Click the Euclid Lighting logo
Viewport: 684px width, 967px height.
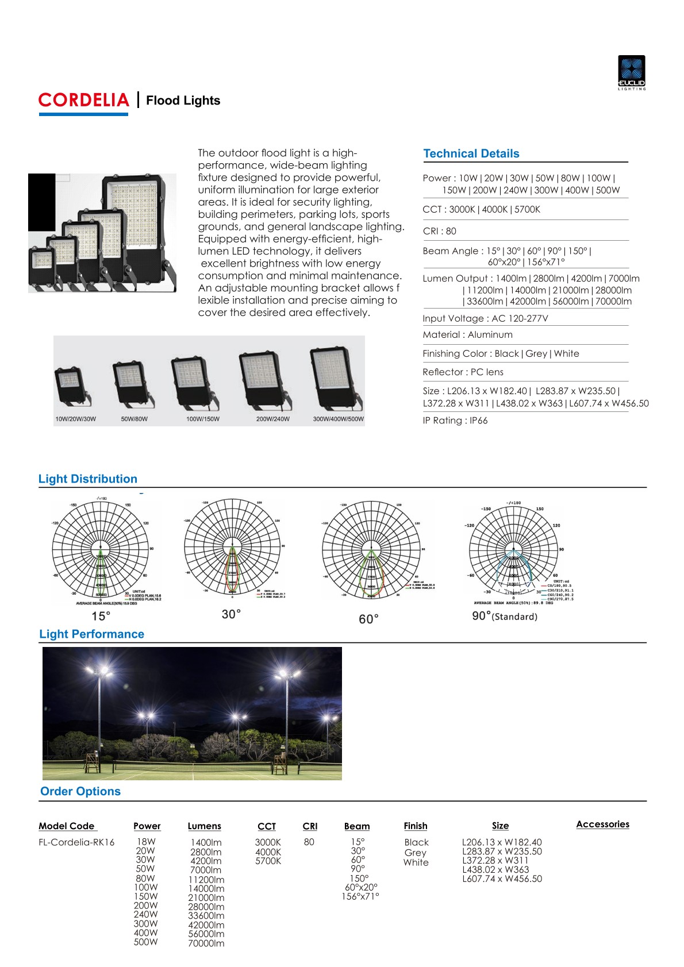click(631, 72)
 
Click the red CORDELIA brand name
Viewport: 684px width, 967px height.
click(84, 100)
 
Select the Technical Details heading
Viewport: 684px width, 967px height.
click(471, 153)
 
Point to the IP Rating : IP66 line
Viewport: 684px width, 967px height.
click(455, 421)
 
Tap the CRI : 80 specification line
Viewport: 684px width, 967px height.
click(439, 231)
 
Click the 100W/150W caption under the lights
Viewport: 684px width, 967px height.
click(202, 419)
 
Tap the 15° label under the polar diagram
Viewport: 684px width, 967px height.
click(101, 616)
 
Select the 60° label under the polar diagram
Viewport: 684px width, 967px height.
click(368, 619)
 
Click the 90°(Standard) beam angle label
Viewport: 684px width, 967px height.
click(504, 616)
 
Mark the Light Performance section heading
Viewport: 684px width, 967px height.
click(91, 634)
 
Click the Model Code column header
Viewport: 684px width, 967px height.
click(67, 826)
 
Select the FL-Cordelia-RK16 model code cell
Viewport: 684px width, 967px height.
click(76, 842)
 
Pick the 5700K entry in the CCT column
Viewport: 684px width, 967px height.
click(268, 861)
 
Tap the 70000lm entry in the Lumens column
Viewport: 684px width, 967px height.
click(206, 943)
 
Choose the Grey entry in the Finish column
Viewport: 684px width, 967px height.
click(416, 853)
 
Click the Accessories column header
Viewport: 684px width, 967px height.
click(602, 824)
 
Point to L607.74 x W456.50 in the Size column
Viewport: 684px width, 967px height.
click(502, 879)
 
